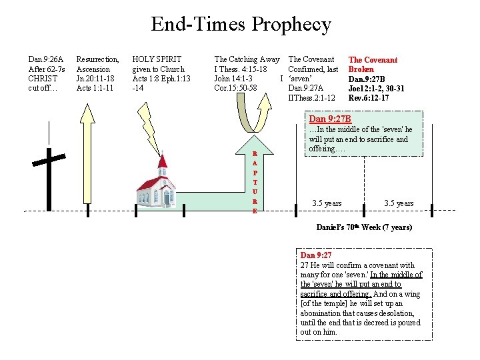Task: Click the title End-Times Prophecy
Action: coord(241,25)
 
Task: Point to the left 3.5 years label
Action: coord(327,203)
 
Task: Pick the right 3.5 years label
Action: coord(399,203)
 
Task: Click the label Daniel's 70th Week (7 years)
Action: coord(364,227)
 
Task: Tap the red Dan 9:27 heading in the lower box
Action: coord(316,255)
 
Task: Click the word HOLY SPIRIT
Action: coord(157,59)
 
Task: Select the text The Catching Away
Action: coord(247,59)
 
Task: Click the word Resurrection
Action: coord(97,59)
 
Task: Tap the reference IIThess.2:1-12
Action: coord(311,97)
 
